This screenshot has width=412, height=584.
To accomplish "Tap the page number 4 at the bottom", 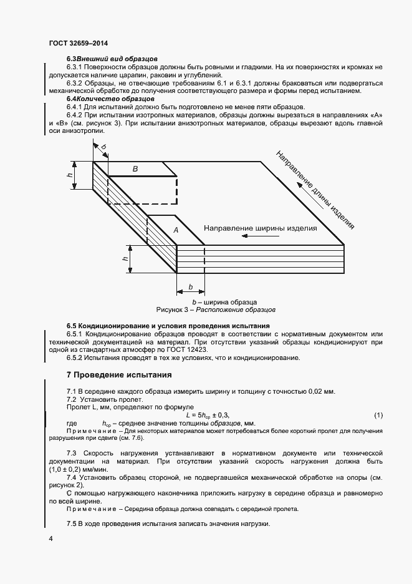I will tap(50, 538).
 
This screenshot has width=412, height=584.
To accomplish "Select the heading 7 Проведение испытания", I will tap(115, 375).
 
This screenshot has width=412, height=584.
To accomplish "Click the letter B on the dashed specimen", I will tap(135, 168).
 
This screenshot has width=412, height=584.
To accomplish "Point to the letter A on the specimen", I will tap(176, 230).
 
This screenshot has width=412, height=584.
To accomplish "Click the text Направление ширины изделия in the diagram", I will tap(261, 228).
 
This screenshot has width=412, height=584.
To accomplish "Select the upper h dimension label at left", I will tap(70, 175).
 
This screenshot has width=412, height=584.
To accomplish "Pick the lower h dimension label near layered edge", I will tap(125, 258).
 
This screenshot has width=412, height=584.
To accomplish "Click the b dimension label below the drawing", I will tap(191, 287).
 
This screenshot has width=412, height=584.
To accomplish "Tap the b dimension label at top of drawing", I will tap(103, 147).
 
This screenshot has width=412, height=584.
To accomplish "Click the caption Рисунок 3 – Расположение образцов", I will tap(216, 309).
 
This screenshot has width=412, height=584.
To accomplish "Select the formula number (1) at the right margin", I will tap(378, 415).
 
